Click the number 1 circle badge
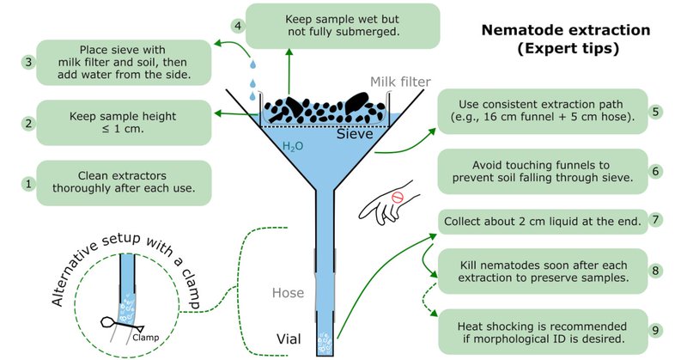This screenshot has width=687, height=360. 29,183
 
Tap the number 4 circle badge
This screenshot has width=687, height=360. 238,26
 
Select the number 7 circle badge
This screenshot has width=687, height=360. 655,219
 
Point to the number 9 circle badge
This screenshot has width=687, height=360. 655,330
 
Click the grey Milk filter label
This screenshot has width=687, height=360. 400,82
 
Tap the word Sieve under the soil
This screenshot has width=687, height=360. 355,134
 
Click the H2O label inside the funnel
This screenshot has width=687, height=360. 293,146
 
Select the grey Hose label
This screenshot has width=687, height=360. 288,293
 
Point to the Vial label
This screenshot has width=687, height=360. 289,339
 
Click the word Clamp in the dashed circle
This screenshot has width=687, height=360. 145,338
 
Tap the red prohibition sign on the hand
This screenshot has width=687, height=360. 397,198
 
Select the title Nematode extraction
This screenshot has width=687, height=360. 566,30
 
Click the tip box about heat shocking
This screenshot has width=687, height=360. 543,332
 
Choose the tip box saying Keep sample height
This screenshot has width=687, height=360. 124,123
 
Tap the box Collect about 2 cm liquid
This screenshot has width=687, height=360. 543,222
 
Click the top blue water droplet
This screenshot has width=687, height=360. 252,65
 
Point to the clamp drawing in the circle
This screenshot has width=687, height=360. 121,325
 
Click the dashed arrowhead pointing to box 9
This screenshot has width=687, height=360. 434,314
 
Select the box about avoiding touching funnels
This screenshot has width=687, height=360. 543,172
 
